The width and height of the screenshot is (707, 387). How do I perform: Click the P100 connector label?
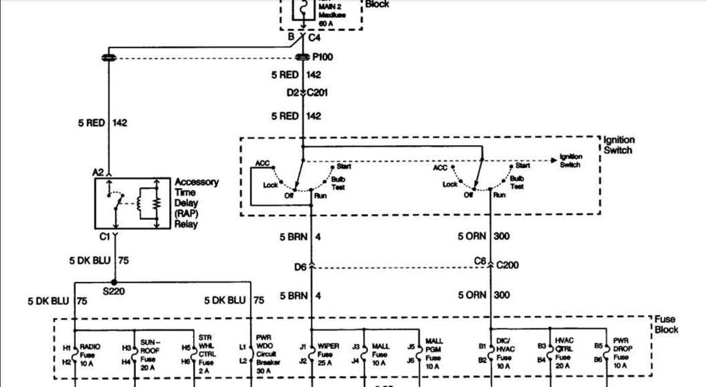[x=322, y=57]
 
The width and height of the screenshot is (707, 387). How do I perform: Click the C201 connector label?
[x=316, y=93]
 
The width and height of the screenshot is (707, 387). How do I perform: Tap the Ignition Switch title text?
[x=619, y=145]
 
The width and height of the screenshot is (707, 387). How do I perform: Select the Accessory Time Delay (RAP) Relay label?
[x=196, y=202]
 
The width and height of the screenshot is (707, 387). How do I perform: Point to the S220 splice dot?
[x=114, y=282]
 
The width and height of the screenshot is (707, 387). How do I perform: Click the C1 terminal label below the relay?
[x=105, y=236]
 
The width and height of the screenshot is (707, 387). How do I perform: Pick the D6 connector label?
[x=300, y=266]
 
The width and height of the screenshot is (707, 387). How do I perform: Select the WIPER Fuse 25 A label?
[x=328, y=354]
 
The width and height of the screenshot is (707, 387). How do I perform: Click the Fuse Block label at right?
[x=666, y=325]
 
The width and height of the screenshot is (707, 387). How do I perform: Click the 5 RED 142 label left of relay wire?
[x=102, y=123]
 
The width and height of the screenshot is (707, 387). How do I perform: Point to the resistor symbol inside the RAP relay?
[x=157, y=204]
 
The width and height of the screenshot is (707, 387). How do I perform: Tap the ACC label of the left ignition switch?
[x=262, y=164]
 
